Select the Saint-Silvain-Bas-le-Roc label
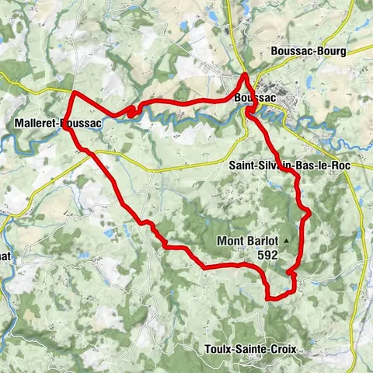click(285, 165)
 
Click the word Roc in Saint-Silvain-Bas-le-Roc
click(332, 165)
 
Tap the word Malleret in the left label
click(36, 124)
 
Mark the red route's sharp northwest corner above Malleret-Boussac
click(74, 93)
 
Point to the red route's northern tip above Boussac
click(246, 75)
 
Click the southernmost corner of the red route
click(268, 298)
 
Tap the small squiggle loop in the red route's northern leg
click(131, 113)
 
